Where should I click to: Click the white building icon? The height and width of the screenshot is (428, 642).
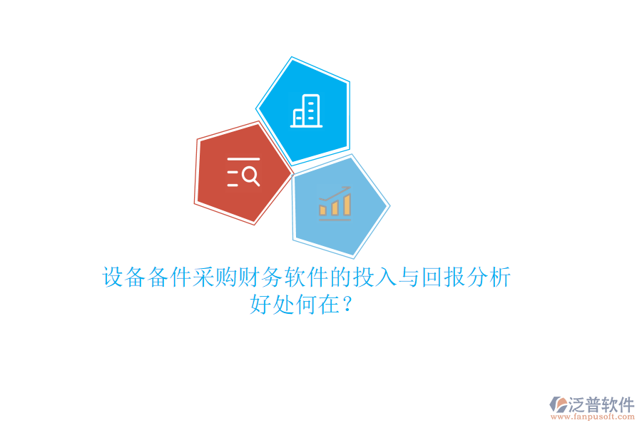click(x=307, y=112)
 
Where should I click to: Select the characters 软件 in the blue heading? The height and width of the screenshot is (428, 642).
click(x=306, y=277)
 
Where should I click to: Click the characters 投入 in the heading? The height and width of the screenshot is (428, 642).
click(x=374, y=277)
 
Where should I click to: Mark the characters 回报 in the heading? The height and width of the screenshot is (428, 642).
click(x=443, y=277)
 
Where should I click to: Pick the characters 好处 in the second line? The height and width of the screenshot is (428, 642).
click(x=272, y=305)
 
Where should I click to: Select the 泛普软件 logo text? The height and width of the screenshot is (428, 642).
click(x=601, y=405)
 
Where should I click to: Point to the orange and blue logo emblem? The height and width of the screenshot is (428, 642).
click(x=558, y=405)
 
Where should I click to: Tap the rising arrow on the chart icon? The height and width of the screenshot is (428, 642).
click(x=335, y=193)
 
